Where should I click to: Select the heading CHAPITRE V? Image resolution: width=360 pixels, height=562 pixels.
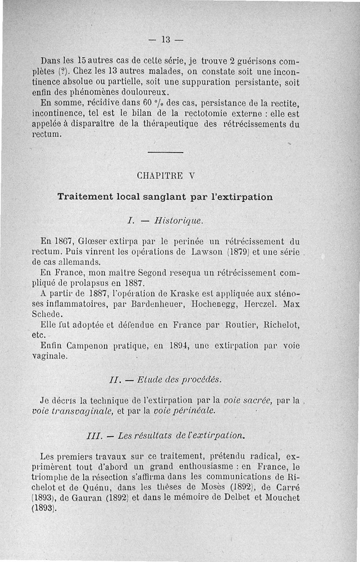tap(165, 176)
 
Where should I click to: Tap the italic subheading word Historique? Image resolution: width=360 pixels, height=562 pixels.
tap(178, 221)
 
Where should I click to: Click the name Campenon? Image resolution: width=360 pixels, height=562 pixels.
tap(85, 346)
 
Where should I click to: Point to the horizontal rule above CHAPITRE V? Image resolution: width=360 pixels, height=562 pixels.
tap(165, 153)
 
